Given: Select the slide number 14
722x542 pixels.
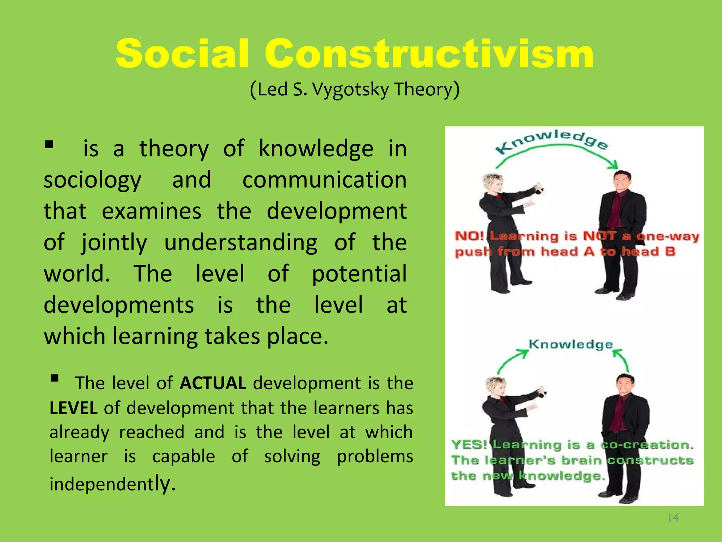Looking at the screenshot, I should pos(673,518).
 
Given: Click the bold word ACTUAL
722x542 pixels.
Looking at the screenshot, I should pos(213,383).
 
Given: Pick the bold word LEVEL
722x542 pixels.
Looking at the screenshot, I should pos(73,408).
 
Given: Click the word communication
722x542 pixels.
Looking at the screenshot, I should pos(324,180).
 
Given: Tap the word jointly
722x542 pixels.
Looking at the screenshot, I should pos(114,243).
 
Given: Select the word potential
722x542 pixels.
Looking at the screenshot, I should pos(359,274).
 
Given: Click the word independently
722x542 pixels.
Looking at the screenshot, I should pos(112,484).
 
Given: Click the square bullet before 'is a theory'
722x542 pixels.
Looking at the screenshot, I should pos(49,144).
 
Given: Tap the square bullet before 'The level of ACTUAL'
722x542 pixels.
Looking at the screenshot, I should pos(55,379).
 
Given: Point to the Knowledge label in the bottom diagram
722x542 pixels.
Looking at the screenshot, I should pos(571,344).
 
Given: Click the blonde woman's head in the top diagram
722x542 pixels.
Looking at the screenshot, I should pos(494,183).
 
